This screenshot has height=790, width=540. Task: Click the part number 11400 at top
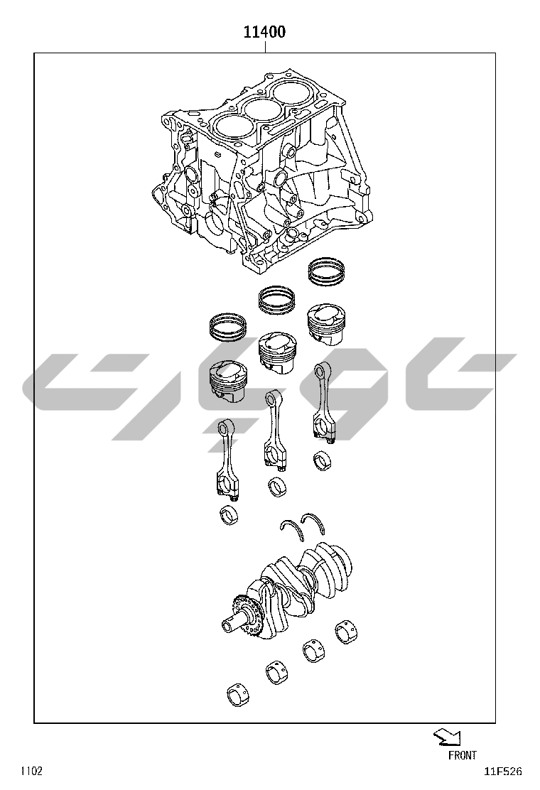point(264,32)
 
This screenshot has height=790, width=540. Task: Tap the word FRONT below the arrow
point(462,754)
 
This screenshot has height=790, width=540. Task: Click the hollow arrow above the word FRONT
point(447,737)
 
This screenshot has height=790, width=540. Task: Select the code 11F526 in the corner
point(503,772)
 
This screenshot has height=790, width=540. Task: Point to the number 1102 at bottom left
point(31,771)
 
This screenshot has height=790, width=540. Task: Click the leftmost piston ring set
point(228,327)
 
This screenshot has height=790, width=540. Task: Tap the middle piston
point(276,352)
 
